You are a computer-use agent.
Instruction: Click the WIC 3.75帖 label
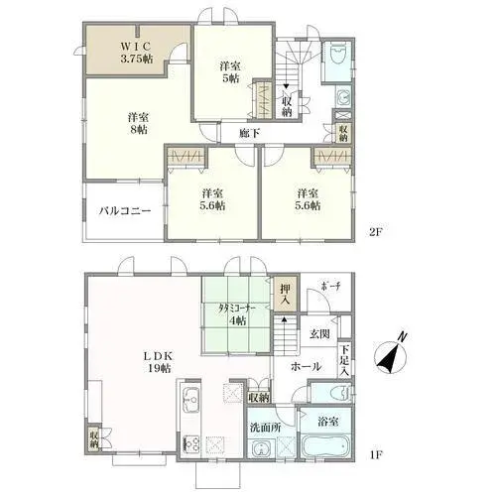click(x=136, y=53)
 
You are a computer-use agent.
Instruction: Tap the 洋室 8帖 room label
click(x=138, y=123)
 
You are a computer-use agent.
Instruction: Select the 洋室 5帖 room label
click(x=230, y=72)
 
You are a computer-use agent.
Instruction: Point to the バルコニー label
click(x=125, y=210)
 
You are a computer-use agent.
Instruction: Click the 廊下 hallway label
click(x=249, y=133)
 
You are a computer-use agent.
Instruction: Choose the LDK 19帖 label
click(x=159, y=362)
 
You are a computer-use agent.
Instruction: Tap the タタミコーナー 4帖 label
click(x=237, y=313)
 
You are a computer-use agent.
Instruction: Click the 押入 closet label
click(x=285, y=294)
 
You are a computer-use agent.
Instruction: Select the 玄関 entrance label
click(x=319, y=334)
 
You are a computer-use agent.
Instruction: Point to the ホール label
click(x=306, y=366)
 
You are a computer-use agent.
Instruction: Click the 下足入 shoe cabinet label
click(x=344, y=360)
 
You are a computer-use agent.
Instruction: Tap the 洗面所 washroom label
click(x=265, y=428)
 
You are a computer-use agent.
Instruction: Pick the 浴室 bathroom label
click(x=328, y=422)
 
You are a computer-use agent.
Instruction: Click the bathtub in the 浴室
click(x=324, y=446)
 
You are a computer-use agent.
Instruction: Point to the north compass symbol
click(x=390, y=356)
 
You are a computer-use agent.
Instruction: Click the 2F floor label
click(x=376, y=232)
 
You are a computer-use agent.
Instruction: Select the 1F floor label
click(x=376, y=453)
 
